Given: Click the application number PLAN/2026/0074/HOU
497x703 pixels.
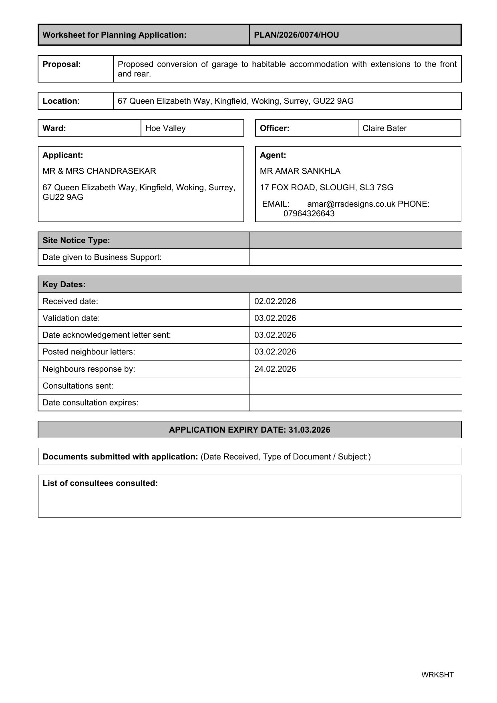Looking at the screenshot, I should tap(296, 35).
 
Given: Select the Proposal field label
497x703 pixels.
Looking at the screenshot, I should tap(62, 64).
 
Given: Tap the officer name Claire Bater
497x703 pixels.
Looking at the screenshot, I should tap(384, 128).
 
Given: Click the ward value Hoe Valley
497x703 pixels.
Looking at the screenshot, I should tap(165, 128).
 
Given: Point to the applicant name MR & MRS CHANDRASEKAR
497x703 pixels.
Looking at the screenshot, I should tap(99, 171).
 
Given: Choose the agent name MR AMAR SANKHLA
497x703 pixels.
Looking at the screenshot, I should tap(300, 171).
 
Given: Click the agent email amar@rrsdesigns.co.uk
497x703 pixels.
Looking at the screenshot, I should tap(351, 204).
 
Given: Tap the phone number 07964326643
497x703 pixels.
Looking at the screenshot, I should tap(309, 214).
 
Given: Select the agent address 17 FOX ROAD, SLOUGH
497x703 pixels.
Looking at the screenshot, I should tap(326, 187).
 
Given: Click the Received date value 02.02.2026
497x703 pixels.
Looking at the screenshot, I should tap(275, 301).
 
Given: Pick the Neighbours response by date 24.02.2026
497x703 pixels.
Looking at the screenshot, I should tap(275, 369).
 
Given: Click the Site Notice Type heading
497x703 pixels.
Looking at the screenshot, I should tap(76, 240).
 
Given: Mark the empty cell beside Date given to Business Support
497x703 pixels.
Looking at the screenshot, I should tap(355, 257).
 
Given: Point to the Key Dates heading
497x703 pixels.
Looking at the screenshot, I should tap(64, 284).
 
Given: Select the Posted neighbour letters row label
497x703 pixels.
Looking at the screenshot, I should tap(89, 352).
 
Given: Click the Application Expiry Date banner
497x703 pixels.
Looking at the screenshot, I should tap(250, 430).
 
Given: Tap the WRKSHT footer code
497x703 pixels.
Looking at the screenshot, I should tap(437, 675).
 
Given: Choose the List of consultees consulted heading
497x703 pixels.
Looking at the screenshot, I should tap(100, 483).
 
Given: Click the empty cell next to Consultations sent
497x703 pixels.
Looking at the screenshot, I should tap(355, 386).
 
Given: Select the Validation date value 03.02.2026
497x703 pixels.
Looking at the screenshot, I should tap(275, 318).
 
